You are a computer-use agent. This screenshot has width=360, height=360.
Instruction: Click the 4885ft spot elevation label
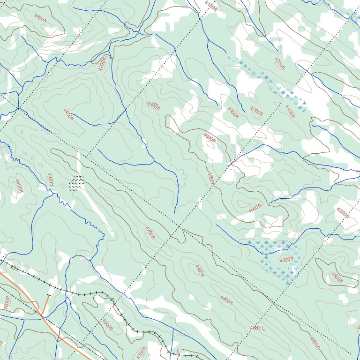pyautogui.click(x=256, y=327)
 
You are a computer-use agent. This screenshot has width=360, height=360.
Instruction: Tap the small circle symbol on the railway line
pyautogui.click(x=14, y=268)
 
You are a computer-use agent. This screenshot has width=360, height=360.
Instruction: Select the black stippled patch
pyautogui.click(x=76, y=182)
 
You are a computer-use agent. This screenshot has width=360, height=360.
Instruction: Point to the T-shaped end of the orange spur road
pyautogui.click(x=49, y=295)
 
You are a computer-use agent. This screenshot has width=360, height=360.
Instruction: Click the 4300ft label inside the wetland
pyautogui.click(x=286, y=259)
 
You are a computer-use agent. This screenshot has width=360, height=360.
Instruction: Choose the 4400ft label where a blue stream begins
pyautogui.click(x=68, y=114)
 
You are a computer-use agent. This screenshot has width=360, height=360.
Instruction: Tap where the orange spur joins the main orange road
pyautogui.click(x=43, y=316)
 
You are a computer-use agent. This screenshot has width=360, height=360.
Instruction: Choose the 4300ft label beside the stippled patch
pyautogui.click(x=50, y=179)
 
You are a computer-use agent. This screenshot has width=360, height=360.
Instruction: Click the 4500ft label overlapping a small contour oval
pyautogui.click(x=153, y=105)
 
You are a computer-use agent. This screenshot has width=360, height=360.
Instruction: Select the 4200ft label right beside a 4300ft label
pyautogui.click(x=256, y=111)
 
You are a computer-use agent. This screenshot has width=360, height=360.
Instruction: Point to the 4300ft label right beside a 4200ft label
pyautogui.click(x=233, y=113)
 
